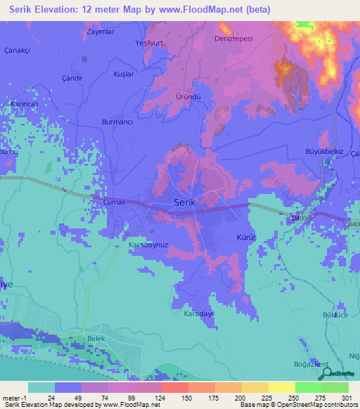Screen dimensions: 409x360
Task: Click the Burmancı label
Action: click(117, 121)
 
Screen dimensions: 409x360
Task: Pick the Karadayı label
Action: click(198, 314)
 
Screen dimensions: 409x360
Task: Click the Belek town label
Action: click(95, 338)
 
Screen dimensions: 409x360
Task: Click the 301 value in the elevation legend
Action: click(345, 398)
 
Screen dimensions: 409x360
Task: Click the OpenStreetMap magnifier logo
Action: click(326, 373)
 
